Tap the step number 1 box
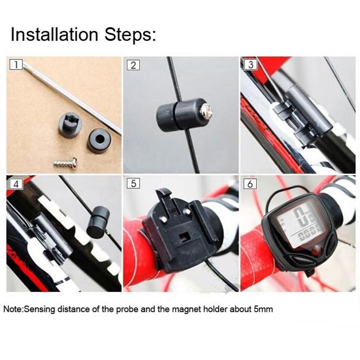[x=16, y=65]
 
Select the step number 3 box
[x=250, y=65]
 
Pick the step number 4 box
[x=16, y=184]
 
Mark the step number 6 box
[x=250, y=184]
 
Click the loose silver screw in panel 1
[x=66, y=162]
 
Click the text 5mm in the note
[x=263, y=310]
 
